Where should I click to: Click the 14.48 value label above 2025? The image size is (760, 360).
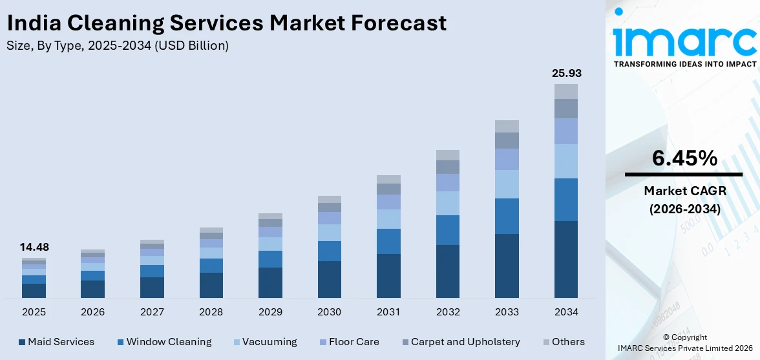pyautogui.click(x=34, y=247)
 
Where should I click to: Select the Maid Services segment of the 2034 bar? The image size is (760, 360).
pyautogui.click(x=565, y=259)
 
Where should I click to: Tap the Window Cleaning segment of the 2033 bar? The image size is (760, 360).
pyautogui.click(x=507, y=216)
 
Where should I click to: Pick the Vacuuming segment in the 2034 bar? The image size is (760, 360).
pyautogui.click(x=565, y=161)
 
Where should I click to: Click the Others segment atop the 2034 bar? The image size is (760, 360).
pyautogui.click(x=565, y=91)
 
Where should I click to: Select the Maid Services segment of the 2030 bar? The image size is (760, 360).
pyautogui.click(x=329, y=279)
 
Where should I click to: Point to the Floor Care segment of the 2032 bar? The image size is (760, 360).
pyautogui.click(x=447, y=182)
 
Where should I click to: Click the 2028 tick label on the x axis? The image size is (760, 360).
pyautogui.click(x=211, y=312)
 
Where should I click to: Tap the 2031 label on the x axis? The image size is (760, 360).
pyautogui.click(x=388, y=312)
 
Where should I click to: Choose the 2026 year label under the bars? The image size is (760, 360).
pyautogui.click(x=92, y=312)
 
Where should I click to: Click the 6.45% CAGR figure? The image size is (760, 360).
pyautogui.click(x=684, y=158)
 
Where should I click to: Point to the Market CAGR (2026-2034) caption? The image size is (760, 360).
pyautogui.click(x=684, y=200)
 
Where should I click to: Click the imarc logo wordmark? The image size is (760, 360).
pyautogui.click(x=684, y=40)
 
